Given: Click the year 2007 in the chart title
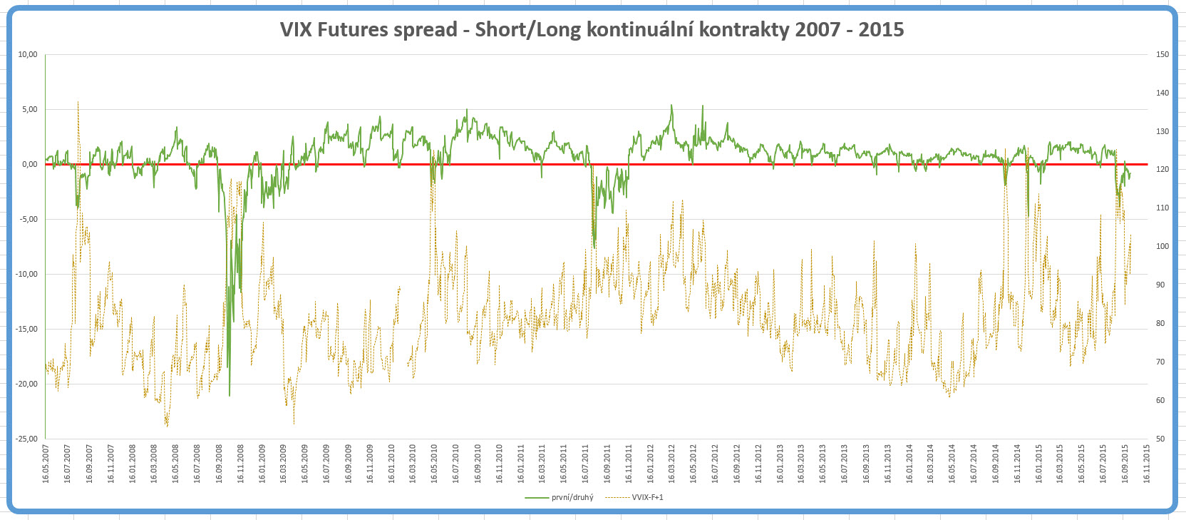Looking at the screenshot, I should point(818,30).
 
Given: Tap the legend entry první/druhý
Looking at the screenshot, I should point(572,497).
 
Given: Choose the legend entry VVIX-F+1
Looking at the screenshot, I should point(646,497).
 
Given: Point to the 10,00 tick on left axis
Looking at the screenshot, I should point(28,54).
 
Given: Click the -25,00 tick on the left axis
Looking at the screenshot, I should point(26,439).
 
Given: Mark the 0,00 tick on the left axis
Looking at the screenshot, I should point(29,164).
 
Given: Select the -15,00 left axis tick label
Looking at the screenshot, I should point(26,329).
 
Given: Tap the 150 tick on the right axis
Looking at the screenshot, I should point(1162,54).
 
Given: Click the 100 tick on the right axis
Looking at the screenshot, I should point(1162,246).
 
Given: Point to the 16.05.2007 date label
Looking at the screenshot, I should point(46,464).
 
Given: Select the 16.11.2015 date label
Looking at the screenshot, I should point(1147,464).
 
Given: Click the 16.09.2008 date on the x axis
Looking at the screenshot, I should point(219,464).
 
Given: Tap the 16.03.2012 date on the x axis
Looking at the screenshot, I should point(671,464).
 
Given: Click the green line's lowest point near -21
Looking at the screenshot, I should point(230,395).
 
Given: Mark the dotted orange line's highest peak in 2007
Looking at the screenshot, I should point(78,102).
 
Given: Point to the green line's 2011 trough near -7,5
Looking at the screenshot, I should point(594,247).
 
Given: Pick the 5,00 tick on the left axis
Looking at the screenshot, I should point(29,109).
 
